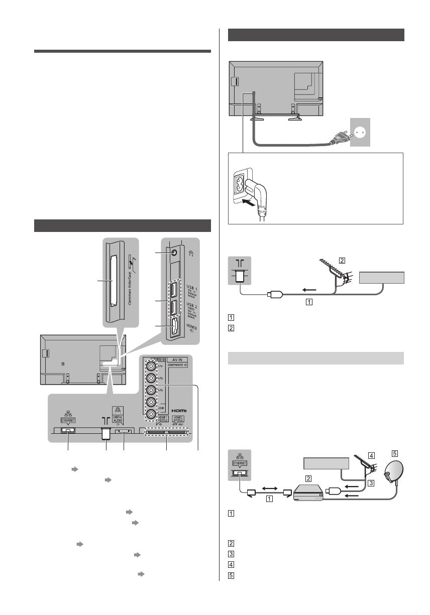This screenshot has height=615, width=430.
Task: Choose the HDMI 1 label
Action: click(155, 420)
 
